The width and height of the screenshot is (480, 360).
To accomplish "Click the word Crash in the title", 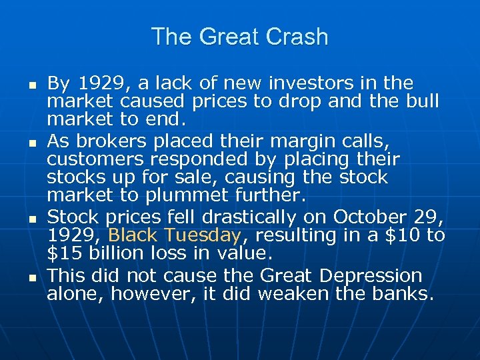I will pyautogui.click(x=297, y=37).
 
